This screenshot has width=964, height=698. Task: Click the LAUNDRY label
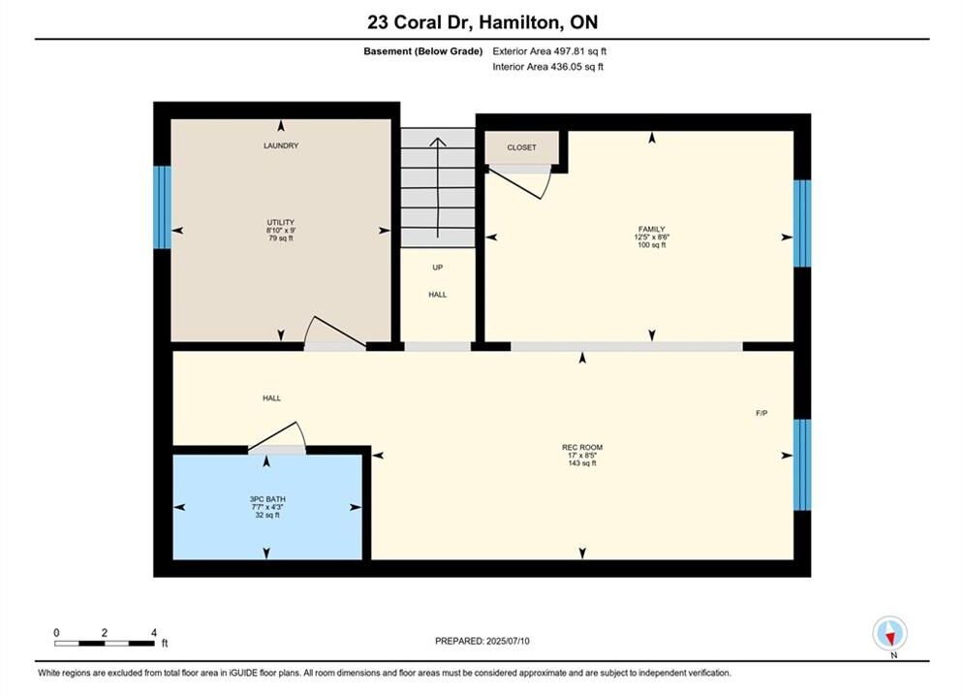point(281,145)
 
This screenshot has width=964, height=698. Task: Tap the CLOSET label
point(521,147)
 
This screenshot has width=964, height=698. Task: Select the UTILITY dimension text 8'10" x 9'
point(281,230)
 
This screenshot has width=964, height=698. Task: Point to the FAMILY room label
point(652,230)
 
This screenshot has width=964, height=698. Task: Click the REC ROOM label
point(582,448)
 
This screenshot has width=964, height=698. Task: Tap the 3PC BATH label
point(267,499)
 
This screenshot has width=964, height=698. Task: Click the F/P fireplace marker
point(762,413)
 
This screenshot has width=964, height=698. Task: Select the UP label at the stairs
point(438,268)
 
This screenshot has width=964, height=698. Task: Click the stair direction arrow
point(438,187)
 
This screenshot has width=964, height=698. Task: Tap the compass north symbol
point(889,633)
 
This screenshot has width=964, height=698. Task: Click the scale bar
point(105,644)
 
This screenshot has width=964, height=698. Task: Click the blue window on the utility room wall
point(163,207)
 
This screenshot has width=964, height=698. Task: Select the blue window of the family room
point(802,223)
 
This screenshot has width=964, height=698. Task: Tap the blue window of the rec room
point(802,465)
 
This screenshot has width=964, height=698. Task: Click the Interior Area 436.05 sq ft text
point(547,67)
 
